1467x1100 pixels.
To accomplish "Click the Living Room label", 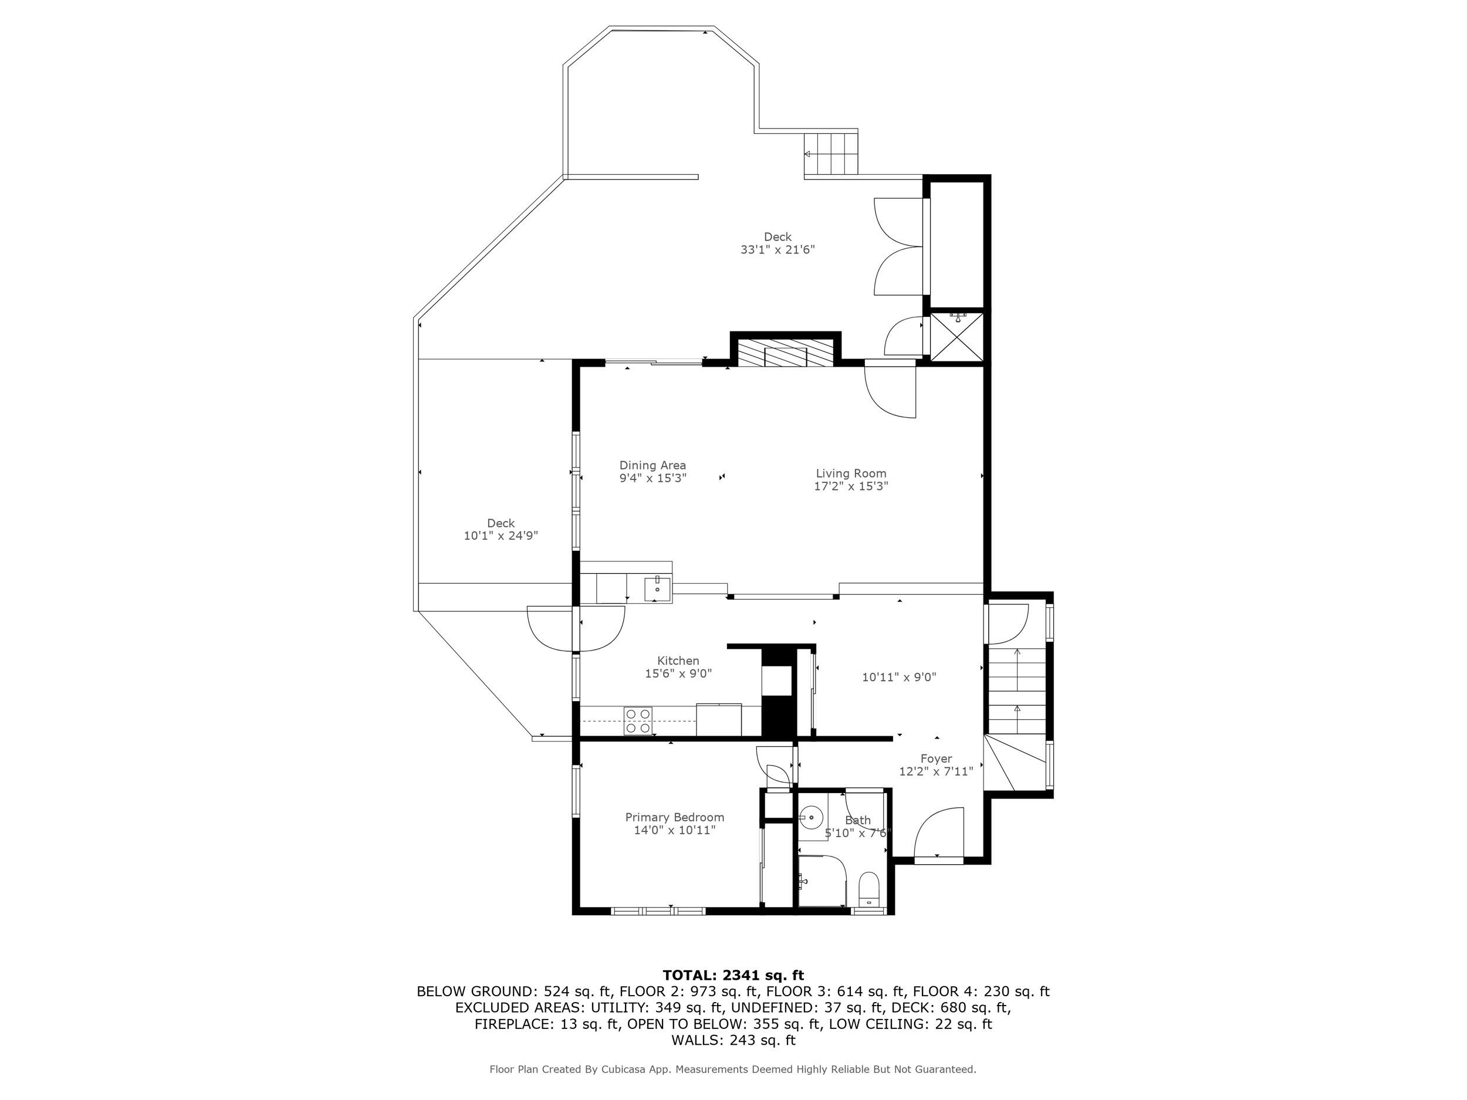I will (x=850, y=473).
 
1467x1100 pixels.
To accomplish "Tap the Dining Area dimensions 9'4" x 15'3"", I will (x=653, y=478).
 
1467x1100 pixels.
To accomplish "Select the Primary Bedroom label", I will (x=674, y=818).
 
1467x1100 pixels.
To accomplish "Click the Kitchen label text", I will (x=678, y=661).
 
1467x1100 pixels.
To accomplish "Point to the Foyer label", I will (x=936, y=759).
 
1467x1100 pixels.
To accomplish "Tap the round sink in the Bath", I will (x=810, y=818).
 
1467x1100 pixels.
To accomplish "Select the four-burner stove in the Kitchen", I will (x=638, y=721).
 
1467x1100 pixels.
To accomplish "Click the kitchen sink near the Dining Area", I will (x=657, y=589).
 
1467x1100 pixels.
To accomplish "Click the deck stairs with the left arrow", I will (x=831, y=153).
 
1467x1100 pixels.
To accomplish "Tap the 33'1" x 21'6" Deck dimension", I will (x=778, y=250).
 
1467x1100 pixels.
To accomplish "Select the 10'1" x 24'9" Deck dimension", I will (x=500, y=536).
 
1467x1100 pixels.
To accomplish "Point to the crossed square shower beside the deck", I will (x=957, y=337).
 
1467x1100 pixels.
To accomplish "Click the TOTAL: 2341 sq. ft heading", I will (x=733, y=976).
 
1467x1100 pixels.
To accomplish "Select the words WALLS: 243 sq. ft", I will (x=733, y=1040).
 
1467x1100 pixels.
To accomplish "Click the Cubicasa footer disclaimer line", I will (x=733, y=1069).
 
